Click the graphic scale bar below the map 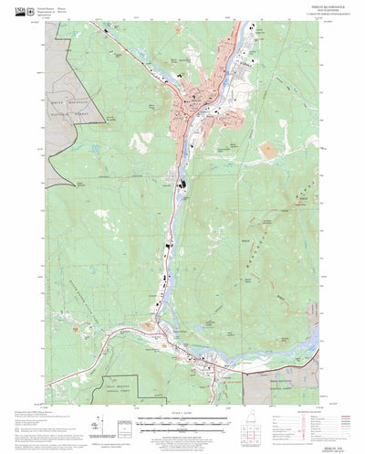click(179, 423)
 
